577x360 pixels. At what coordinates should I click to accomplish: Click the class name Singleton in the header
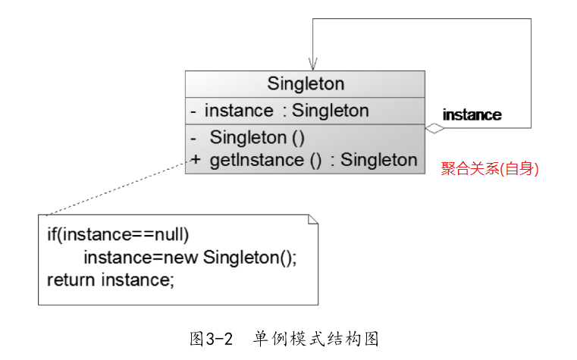click(306, 83)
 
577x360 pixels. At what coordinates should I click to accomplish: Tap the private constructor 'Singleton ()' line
click(256, 137)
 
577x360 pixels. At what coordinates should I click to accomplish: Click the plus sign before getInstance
click(196, 160)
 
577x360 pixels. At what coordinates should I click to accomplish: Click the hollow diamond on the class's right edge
click(434, 128)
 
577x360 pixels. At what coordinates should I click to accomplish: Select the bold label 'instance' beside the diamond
click(472, 115)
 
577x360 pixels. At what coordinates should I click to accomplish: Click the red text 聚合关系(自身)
click(490, 169)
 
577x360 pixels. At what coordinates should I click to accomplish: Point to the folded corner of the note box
click(312, 220)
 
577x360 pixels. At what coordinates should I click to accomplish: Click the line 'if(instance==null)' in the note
click(118, 234)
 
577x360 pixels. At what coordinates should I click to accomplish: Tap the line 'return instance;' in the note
click(111, 280)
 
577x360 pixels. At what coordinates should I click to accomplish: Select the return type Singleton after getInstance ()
click(378, 160)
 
